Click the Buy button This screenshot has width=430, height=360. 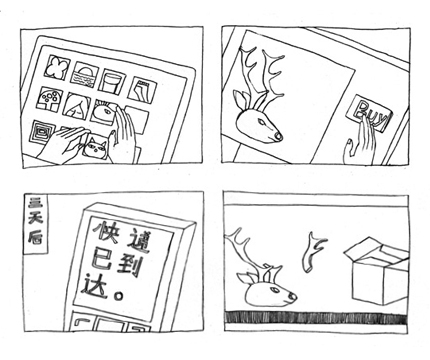(x=372, y=113)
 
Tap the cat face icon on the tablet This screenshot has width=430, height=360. (x=96, y=148)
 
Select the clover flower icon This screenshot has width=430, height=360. (x=58, y=68)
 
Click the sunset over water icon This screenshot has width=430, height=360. (x=86, y=75)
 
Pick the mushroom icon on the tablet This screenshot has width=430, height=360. (x=51, y=99)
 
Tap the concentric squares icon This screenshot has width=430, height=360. (x=42, y=133)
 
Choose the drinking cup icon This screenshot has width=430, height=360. (x=113, y=81)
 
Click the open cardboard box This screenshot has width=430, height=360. (x=378, y=272)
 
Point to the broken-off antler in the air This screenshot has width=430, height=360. (x=313, y=252)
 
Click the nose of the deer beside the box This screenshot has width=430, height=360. (x=292, y=296)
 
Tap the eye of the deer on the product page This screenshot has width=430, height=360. (x=264, y=124)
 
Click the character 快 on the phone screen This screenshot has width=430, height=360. (x=106, y=233)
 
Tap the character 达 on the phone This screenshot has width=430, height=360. (x=96, y=285)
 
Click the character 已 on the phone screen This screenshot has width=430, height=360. (x=100, y=259)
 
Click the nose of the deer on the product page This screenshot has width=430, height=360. (x=277, y=136)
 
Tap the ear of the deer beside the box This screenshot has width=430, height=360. (x=245, y=278)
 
